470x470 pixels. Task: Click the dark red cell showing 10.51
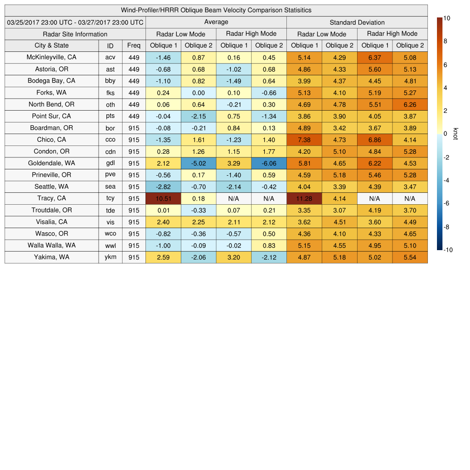click(x=163, y=198)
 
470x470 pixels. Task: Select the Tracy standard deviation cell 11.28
click(x=304, y=198)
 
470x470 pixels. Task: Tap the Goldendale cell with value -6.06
click(x=269, y=163)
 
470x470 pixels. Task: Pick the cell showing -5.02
click(x=198, y=163)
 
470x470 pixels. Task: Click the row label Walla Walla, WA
click(x=51, y=245)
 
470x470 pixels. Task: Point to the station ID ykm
click(x=110, y=257)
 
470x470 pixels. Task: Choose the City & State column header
click(x=51, y=45)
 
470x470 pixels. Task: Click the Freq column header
click(x=134, y=45)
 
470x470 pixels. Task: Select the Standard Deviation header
click(x=357, y=22)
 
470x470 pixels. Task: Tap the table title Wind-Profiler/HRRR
click(x=216, y=10)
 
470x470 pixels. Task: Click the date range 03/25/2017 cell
click(x=75, y=22)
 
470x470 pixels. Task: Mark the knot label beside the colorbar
click(x=455, y=134)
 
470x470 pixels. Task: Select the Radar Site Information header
click(x=75, y=34)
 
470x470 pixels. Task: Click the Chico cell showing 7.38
click(x=304, y=140)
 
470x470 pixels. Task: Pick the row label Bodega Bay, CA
click(x=51, y=81)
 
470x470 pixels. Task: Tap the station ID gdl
click(x=110, y=163)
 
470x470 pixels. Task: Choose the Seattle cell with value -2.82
click(x=163, y=186)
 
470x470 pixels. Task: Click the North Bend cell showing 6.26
click(x=410, y=104)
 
